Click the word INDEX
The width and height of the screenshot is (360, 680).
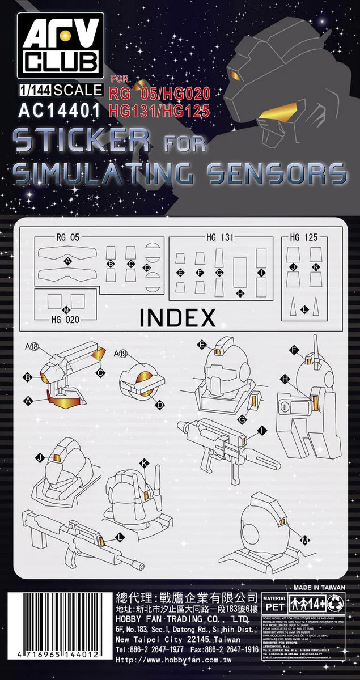coord(177,317)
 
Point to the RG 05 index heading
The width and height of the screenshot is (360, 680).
coord(67,237)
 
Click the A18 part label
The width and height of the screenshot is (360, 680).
coord(31,347)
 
